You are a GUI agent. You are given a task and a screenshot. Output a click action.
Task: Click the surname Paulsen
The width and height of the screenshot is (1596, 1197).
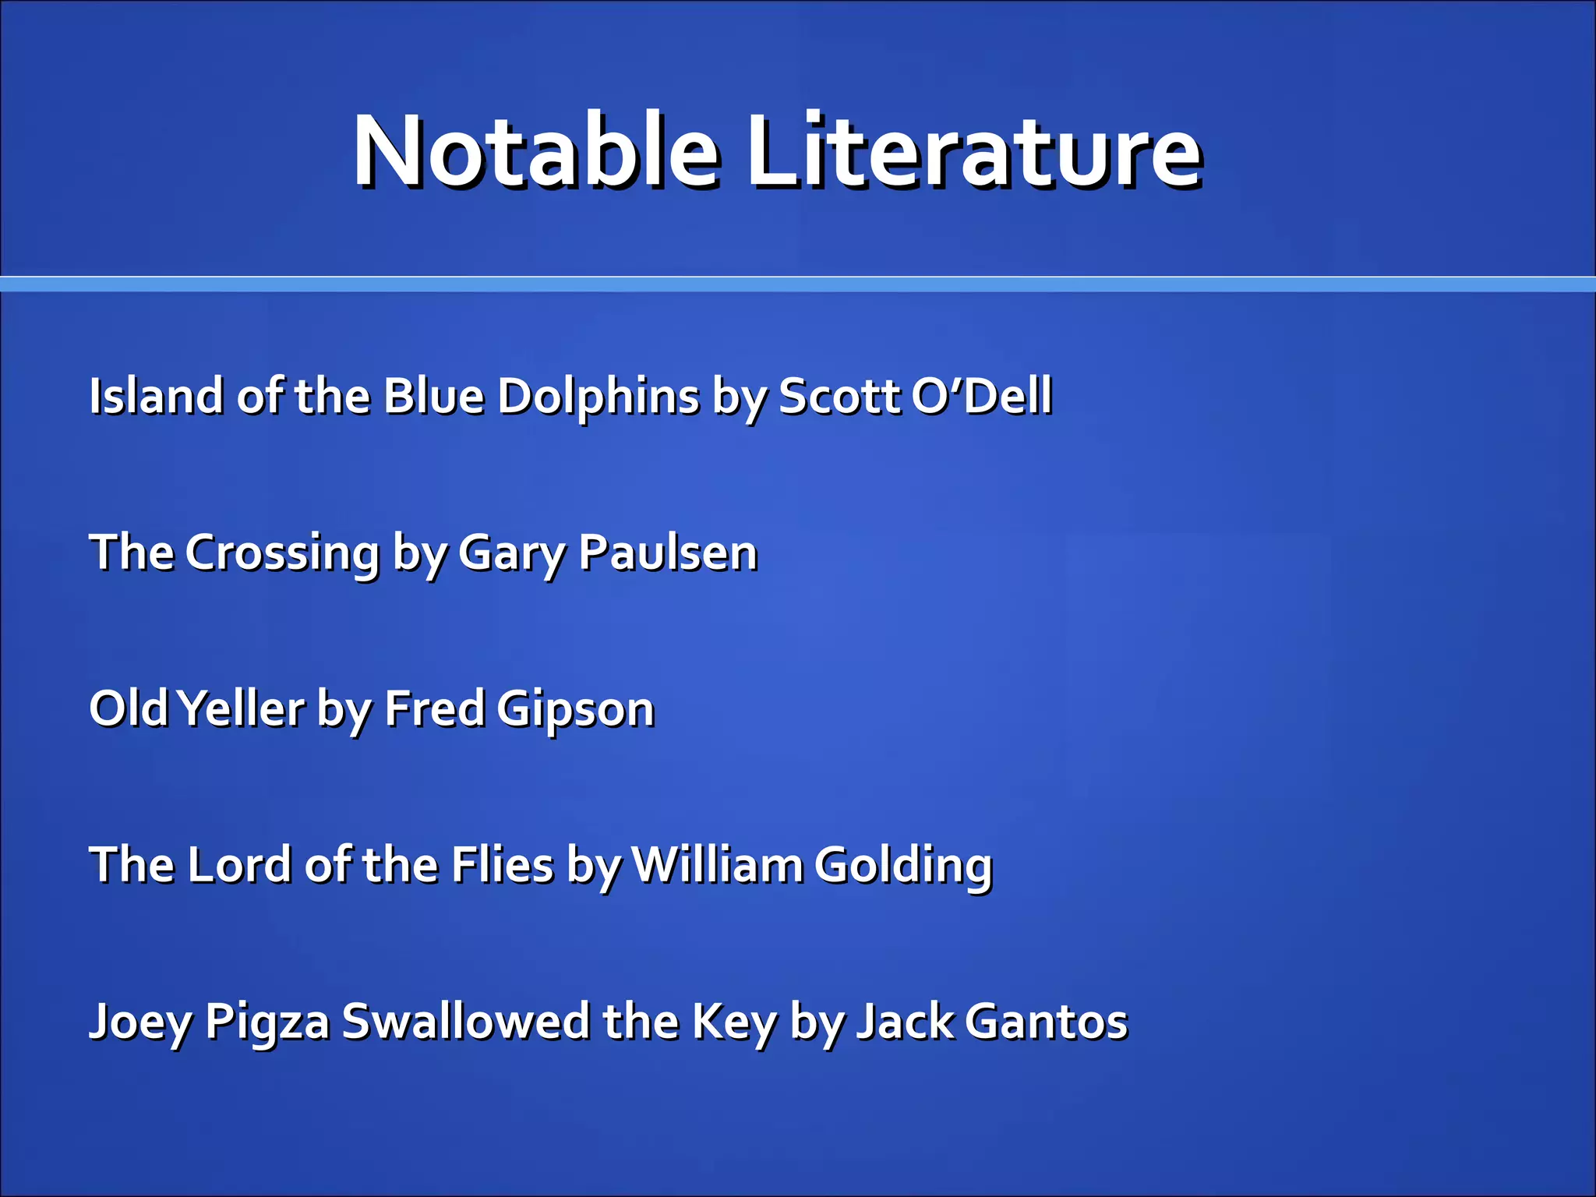(668, 553)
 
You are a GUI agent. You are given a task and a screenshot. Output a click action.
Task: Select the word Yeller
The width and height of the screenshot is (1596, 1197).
(241, 708)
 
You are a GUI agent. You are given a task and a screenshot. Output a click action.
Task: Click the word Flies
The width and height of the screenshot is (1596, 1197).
(503, 865)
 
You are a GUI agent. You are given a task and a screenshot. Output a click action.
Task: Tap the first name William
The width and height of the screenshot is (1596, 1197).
(717, 865)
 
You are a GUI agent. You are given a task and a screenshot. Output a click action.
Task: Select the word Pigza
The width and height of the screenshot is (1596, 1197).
(267, 1023)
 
